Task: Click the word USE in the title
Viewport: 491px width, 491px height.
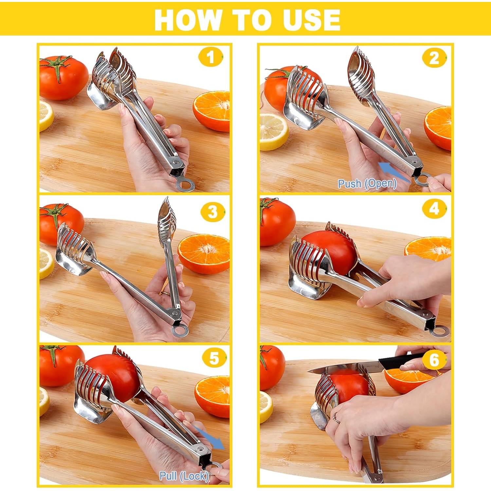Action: click(311, 20)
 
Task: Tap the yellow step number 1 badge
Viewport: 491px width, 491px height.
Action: click(210, 57)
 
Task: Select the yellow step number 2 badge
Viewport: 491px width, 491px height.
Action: click(434, 58)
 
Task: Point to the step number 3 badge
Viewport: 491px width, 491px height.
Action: click(212, 212)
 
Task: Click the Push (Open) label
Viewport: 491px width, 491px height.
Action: click(367, 184)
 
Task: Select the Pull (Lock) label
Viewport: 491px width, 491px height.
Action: click(184, 476)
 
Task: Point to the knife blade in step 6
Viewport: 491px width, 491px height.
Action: click(344, 368)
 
